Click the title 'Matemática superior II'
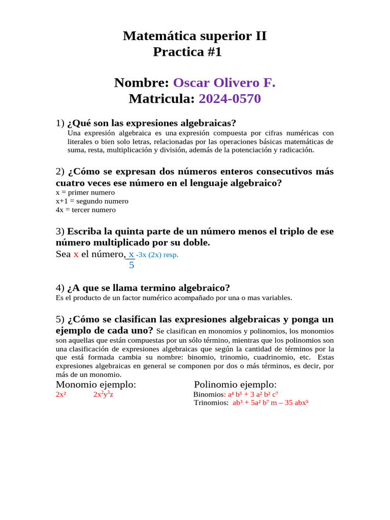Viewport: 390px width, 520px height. [194, 36]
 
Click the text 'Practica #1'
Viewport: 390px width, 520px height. [187, 52]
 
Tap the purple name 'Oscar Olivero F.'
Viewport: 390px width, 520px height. [224, 83]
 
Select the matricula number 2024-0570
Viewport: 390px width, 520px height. [230, 99]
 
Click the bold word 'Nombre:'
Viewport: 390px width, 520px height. [142, 83]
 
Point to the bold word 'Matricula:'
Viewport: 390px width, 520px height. [162, 99]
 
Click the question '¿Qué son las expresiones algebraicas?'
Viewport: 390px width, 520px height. [151, 123]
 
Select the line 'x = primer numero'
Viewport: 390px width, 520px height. [85, 192]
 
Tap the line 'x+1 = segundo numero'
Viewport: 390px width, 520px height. [92, 201]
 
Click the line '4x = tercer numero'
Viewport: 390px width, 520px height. [86, 210]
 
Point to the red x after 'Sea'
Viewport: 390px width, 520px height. [76, 254]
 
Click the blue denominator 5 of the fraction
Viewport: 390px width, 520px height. [132, 265]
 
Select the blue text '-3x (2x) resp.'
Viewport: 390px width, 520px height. [157, 255]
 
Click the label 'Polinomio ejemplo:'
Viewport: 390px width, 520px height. [235, 384]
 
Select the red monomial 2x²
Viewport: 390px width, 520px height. [61, 395]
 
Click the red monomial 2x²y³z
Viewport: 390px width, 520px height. [103, 395]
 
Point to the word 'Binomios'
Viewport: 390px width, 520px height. [209, 395]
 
